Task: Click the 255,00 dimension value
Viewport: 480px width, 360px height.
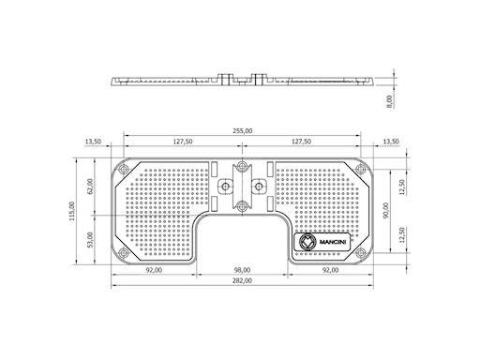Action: click(242, 131)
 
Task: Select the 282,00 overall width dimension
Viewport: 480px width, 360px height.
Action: click(242, 280)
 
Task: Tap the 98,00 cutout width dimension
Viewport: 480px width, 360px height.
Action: click(242, 270)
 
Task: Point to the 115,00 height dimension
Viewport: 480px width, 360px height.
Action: click(72, 211)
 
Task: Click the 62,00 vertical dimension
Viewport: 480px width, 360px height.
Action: click(90, 187)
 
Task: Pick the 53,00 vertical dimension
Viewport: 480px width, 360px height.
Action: click(90, 240)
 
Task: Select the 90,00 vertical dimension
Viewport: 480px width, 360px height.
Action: click(386, 210)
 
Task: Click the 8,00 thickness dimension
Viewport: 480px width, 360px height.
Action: click(389, 102)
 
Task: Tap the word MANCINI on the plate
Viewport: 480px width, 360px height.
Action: click(333, 242)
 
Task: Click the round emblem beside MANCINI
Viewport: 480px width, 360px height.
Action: click(307, 242)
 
